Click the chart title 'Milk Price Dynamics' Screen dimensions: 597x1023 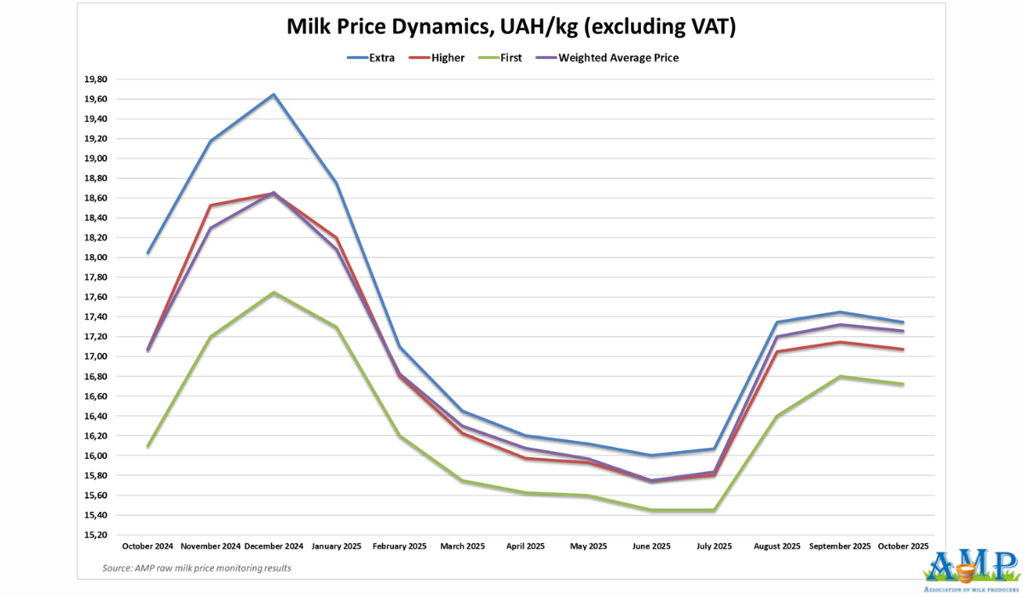(x=511, y=28)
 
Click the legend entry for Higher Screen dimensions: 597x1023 (x=446, y=58)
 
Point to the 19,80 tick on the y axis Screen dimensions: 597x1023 (x=95, y=79)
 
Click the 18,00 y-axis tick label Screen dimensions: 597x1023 (x=95, y=258)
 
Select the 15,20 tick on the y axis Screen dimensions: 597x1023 (x=95, y=535)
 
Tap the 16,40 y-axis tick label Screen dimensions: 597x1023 (x=95, y=416)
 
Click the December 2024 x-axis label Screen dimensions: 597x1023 (x=274, y=546)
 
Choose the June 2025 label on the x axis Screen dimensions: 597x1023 (x=651, y=546)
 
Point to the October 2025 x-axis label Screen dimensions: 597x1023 (x=903, y=546)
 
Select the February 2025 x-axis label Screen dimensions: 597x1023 (x=400, y=546)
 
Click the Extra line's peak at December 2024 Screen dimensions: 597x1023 (x=274, y=95)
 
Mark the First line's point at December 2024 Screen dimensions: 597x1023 (x=274, y=293)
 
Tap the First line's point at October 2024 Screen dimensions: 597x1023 (x=148, y=446)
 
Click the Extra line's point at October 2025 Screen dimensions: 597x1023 (x=903, y=322)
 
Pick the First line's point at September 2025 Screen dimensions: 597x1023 (x=841, y=376)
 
